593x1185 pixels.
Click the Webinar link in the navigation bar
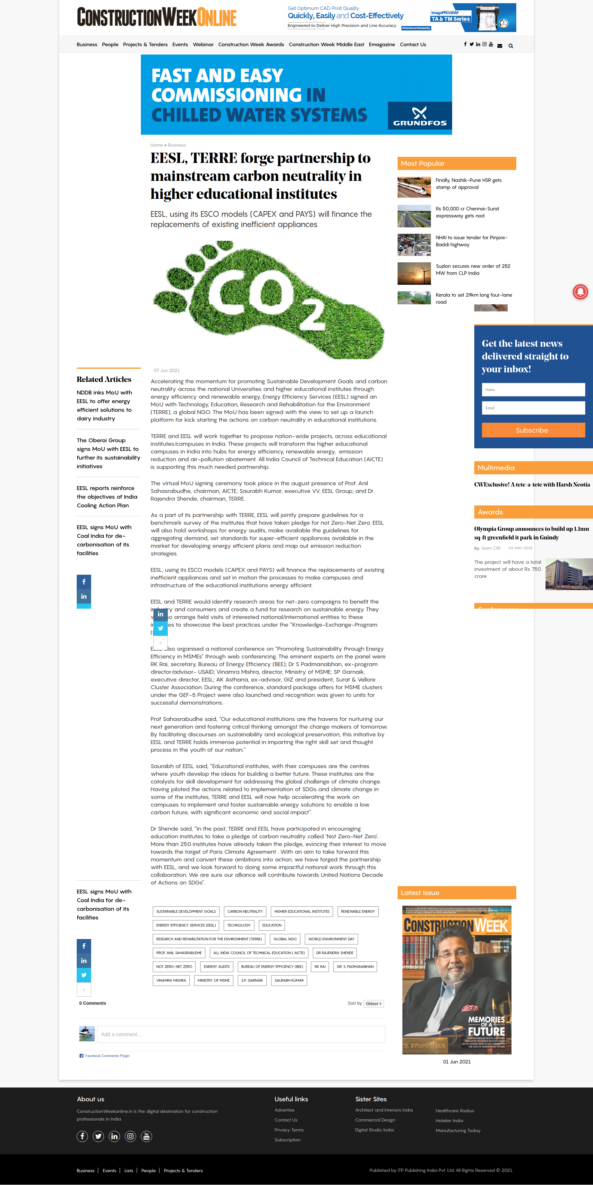tap(203, 45)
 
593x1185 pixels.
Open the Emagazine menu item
tap(382, 45)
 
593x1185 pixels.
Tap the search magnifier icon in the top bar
tap(511, 46)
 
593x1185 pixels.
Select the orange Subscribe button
tap(533, 430)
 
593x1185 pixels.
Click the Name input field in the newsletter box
tap(533, 390)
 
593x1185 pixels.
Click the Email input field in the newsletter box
tap(533, 408)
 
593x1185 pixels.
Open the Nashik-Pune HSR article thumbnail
tap(414, 187)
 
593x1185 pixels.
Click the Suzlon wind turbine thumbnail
tap(414, 273)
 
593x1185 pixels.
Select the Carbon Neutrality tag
tap(245, 911)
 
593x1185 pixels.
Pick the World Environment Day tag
tap(331, 939)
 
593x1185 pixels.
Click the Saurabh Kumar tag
tap(289, 980)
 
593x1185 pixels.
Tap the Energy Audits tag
tap(216, 967)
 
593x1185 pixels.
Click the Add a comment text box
tap(241, 1034)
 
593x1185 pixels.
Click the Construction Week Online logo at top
tap(157, 18)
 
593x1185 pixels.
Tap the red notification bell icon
tap(580, 292)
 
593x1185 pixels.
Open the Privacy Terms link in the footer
tap(289, 1130)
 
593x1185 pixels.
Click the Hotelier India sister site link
tap(449, 1121)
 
